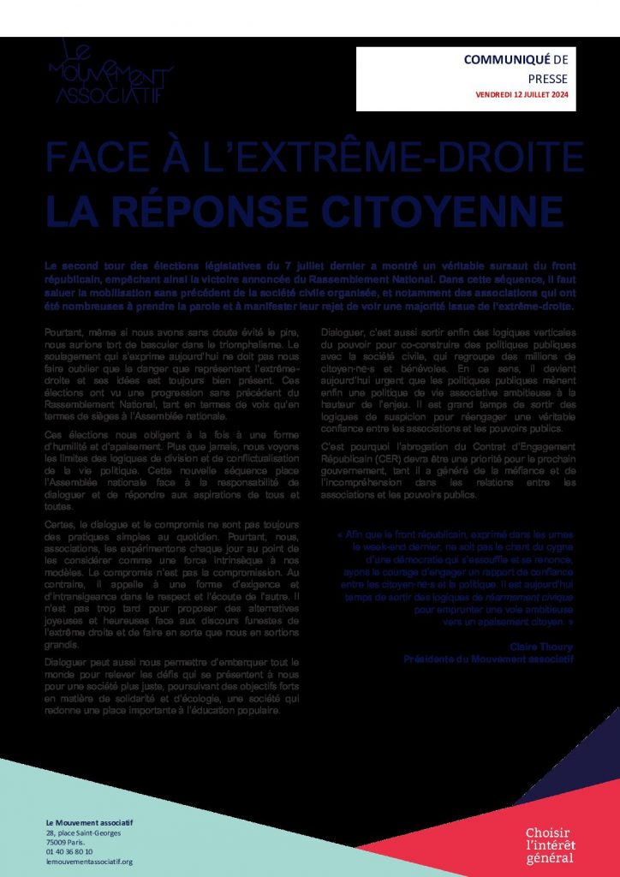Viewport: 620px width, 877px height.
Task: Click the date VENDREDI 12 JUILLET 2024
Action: (521, 94)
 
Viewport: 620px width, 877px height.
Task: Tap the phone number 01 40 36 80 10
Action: (71, 851)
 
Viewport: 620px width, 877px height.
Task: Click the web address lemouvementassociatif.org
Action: (90, 862)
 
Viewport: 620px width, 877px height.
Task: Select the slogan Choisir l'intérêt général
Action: (550, 845)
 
